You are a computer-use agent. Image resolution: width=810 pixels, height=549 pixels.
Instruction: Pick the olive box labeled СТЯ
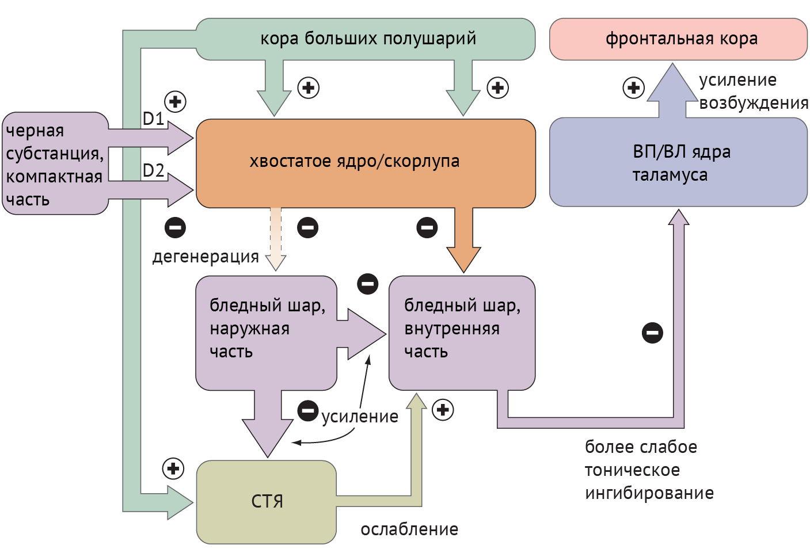267,501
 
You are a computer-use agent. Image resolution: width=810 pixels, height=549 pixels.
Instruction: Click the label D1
153,119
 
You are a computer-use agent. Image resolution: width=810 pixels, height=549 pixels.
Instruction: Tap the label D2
153,170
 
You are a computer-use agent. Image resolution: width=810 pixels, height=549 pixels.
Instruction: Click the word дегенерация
206,257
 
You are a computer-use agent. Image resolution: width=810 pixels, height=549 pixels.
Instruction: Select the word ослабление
409,529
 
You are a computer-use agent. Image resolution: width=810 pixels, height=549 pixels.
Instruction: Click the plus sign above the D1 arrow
175,102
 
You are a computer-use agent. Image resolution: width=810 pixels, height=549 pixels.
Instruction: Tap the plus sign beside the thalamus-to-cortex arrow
633,88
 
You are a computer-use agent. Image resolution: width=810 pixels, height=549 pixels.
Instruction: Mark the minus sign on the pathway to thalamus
652,333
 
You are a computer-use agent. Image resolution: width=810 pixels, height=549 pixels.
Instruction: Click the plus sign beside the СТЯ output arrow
443,410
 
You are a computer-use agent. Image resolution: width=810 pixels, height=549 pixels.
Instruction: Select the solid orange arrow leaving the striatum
463,239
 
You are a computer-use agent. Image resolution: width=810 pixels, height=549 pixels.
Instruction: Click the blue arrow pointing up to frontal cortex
672,92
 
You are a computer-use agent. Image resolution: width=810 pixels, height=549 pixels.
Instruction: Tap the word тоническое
632,470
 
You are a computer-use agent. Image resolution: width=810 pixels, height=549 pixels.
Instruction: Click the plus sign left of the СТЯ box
173,468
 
